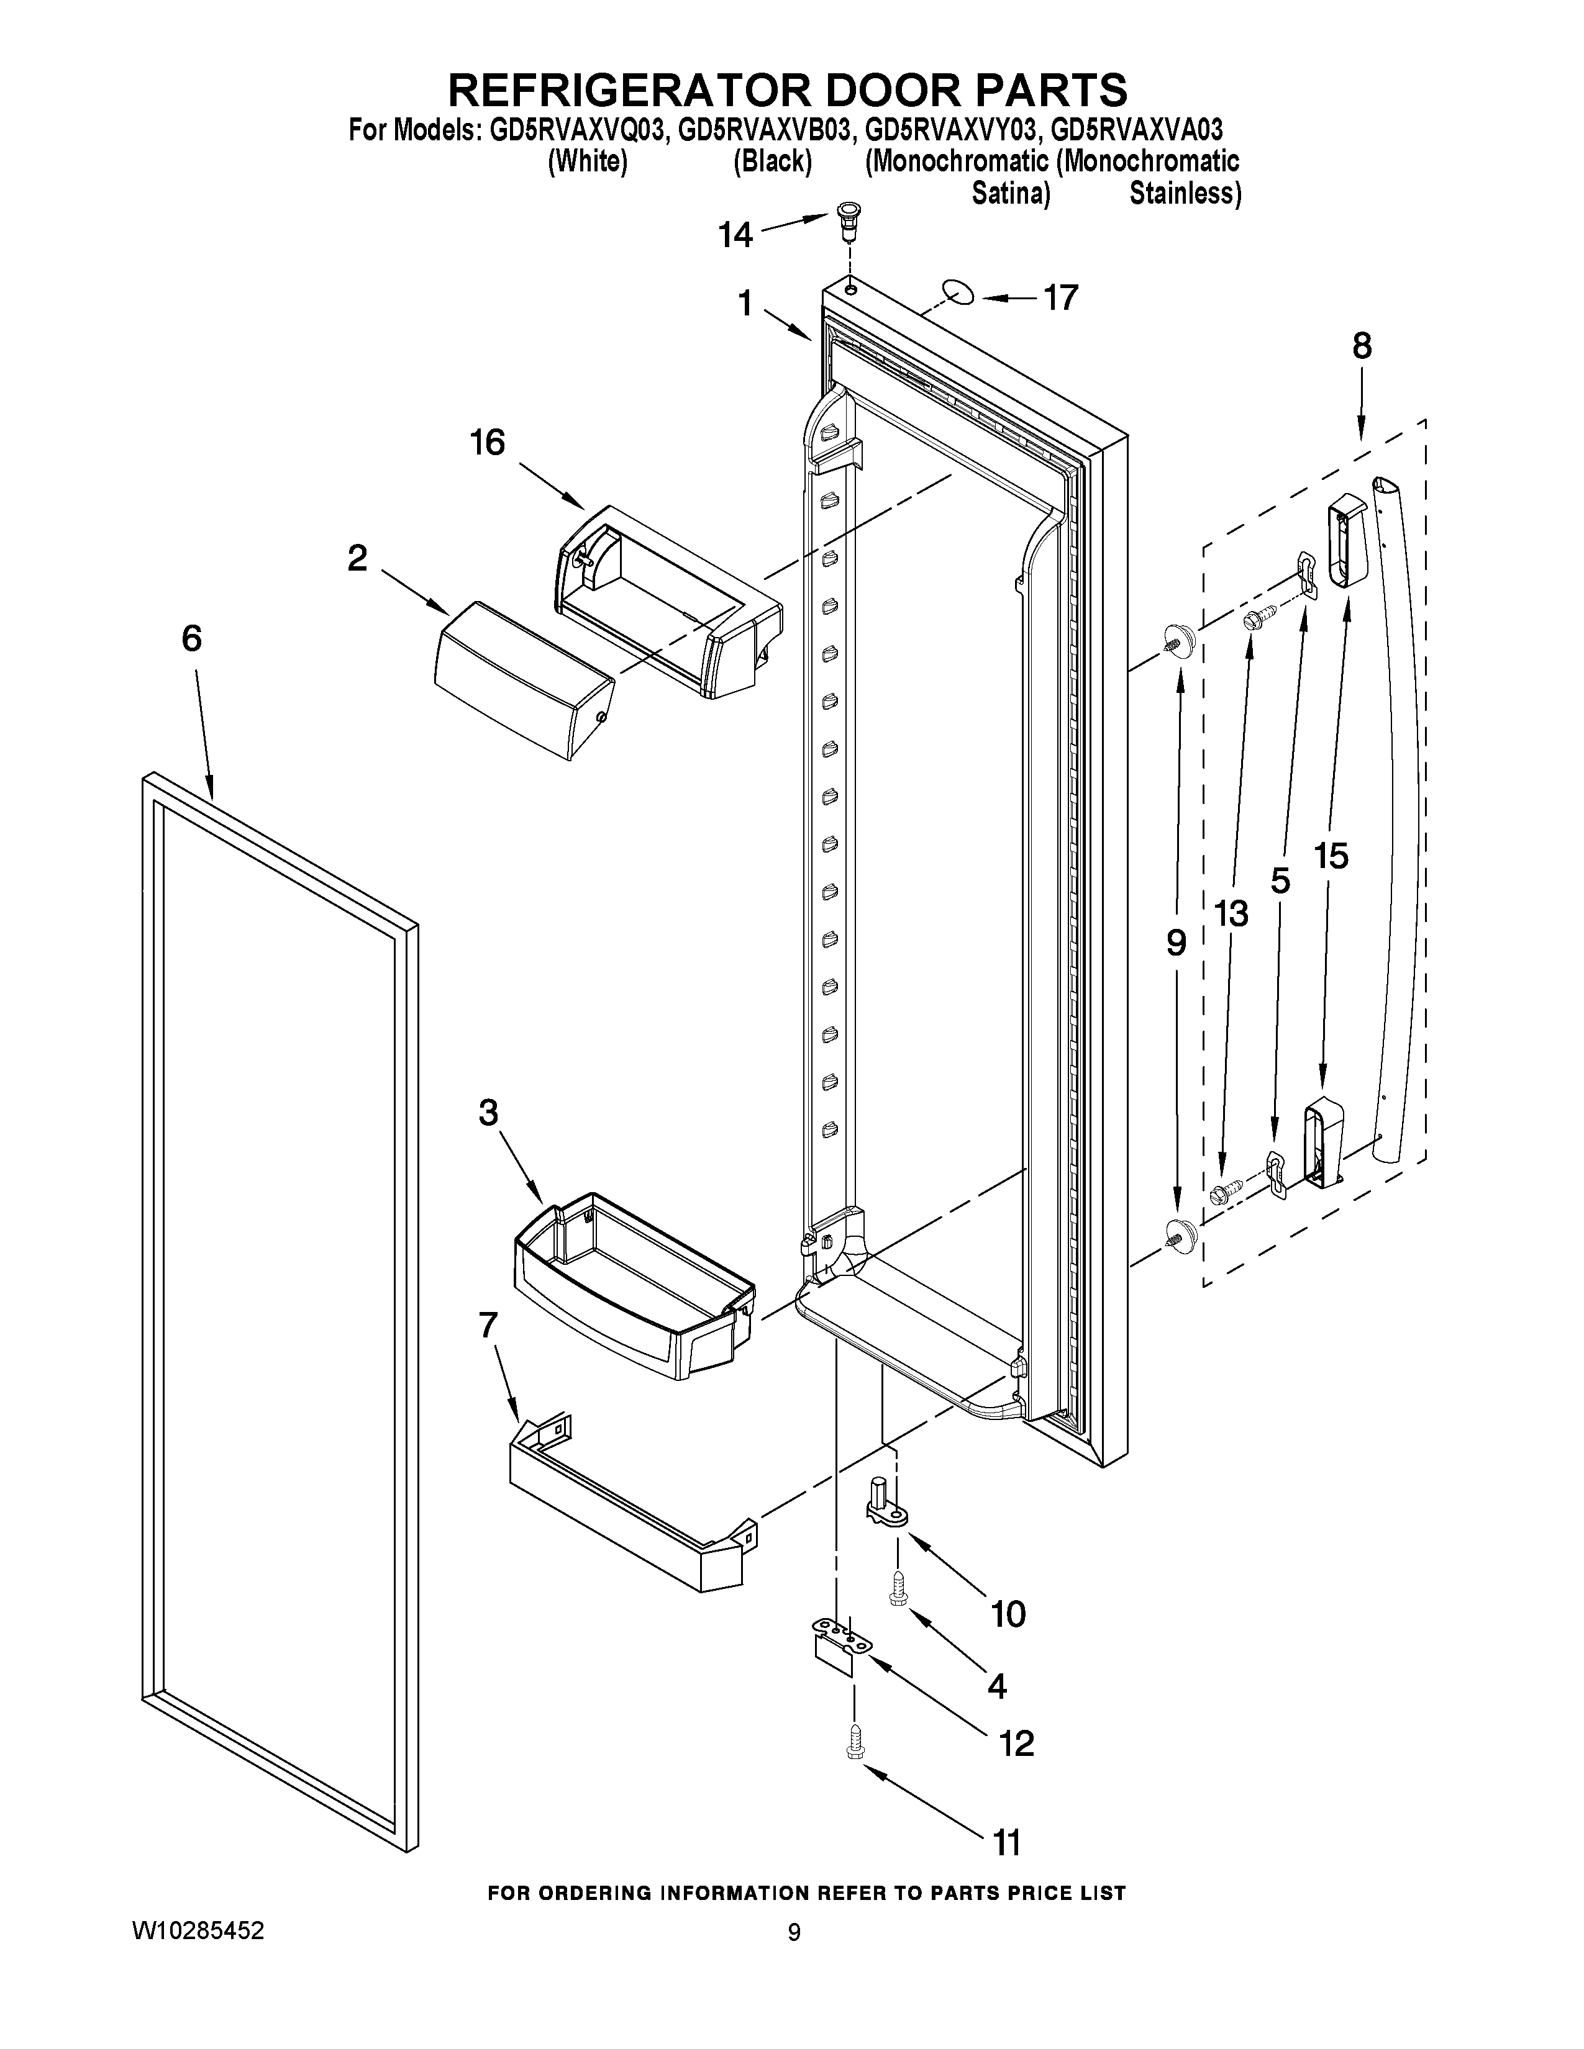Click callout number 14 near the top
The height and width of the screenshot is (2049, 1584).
click(x=735, y=235)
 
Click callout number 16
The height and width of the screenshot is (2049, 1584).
click(x=488, y=442)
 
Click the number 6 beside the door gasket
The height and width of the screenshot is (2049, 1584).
click(x=191, y=639)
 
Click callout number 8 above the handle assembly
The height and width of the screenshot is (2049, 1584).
click(x=1362, y=347)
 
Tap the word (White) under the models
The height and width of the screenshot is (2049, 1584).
click(x=588, y=161)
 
